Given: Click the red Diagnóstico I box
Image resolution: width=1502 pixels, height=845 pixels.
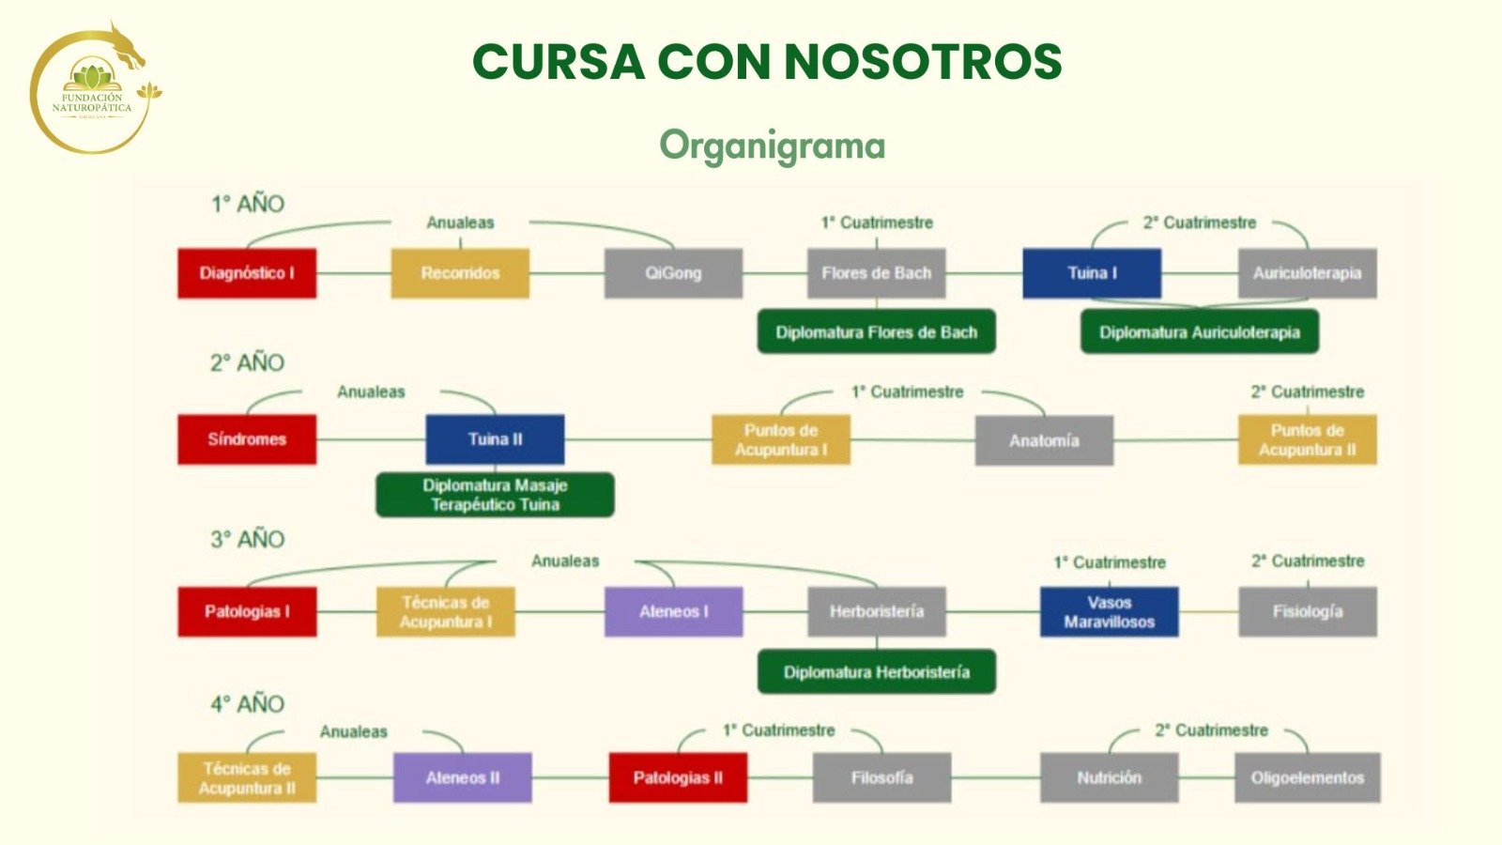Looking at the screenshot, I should click(247, 273).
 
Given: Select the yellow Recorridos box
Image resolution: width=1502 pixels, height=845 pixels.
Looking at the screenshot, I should click(460, 273).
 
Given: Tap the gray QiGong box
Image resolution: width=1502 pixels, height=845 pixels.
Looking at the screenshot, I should click(673, 273).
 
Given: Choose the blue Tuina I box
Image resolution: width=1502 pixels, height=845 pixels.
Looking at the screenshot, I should click(1092, 273).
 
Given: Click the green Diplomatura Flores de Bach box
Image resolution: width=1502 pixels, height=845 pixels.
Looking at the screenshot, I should click(876, 332).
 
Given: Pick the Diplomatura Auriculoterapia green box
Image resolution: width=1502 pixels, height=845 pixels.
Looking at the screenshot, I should click(1200, 332).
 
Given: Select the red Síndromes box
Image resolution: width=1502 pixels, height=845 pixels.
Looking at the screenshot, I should click(247, 439).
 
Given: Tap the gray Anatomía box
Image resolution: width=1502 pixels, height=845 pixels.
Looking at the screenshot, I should click(1044, 440).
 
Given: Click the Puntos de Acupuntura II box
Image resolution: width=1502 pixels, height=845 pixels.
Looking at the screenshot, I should click(1308, 440).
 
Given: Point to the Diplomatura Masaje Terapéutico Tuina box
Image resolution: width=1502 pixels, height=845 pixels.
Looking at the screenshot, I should click(495, 495).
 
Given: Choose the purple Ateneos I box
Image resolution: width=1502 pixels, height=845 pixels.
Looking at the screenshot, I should click(673, 611).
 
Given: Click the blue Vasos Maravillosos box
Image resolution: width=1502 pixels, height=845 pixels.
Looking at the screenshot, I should click(1109, 611).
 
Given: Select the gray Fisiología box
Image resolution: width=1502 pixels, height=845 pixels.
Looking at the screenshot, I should click(1308, 611).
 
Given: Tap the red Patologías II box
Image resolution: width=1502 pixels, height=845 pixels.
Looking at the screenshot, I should click(678, 777).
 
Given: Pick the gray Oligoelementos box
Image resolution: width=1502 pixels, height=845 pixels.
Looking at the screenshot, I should click(1307, 777).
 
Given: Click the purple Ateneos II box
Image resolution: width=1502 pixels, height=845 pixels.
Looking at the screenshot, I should click(462, 777).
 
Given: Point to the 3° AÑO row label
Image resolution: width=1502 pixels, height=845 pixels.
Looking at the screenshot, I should click(247, 540).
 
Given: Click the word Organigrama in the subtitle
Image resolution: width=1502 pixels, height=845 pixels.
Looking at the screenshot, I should click(772, 146).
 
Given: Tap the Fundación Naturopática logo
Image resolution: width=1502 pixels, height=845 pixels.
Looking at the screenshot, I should click(92, 92).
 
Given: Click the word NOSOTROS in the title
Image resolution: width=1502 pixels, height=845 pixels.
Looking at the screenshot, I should click(923, 62).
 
